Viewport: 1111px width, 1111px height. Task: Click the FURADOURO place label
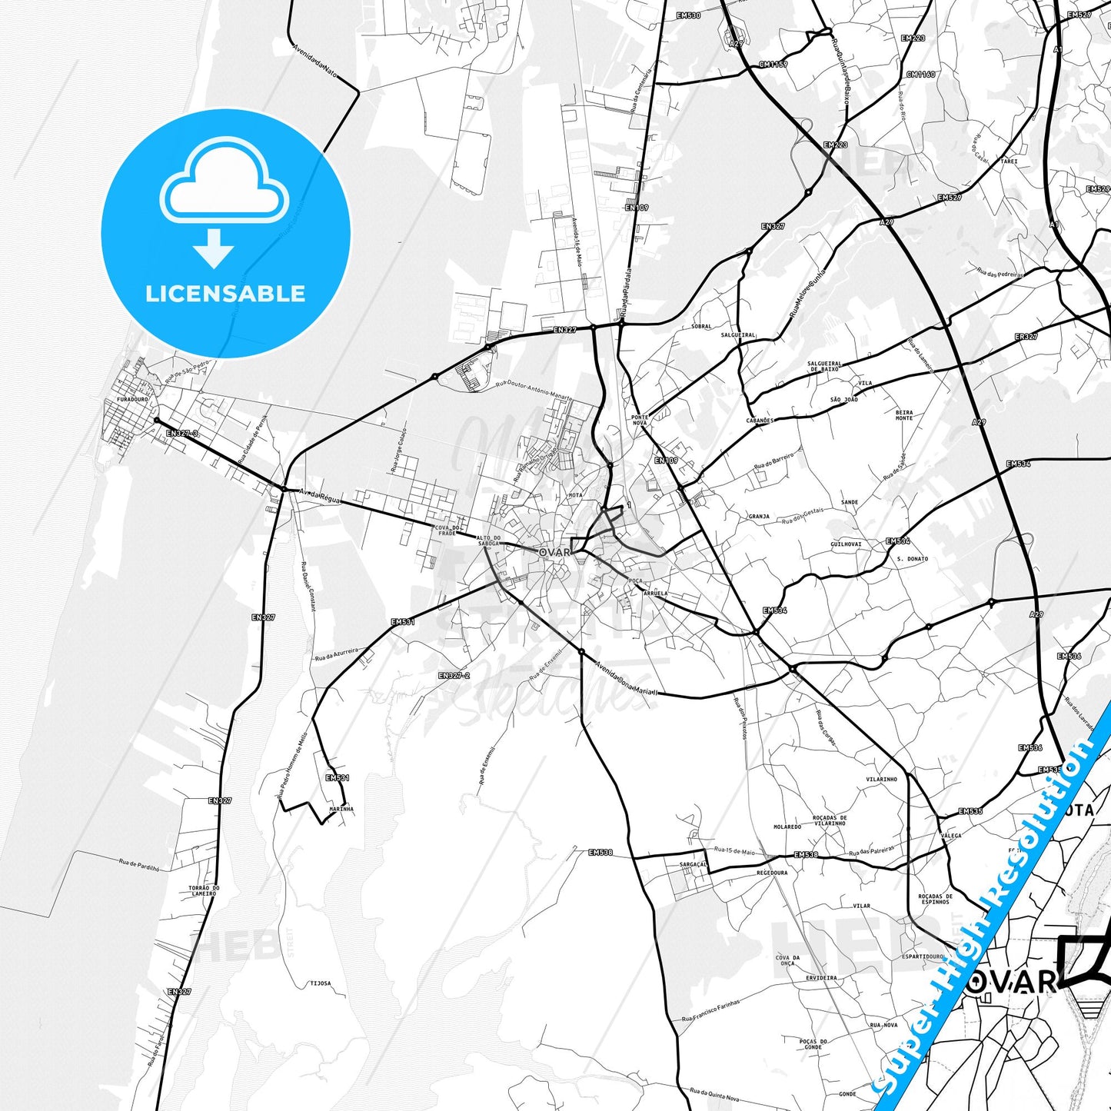[132, 400]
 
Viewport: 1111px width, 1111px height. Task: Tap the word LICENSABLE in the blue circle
[225, 294]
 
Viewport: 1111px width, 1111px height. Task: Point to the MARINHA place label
[341, 809]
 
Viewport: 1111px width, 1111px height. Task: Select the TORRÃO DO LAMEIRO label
[204, 890]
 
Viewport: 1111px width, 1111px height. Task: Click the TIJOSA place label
[320, 983]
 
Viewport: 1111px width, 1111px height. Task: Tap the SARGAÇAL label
[693, 864]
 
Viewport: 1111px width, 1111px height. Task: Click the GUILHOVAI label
[846, 544]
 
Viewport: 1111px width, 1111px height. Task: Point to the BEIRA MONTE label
[904, 415]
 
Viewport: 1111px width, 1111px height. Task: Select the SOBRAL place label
[701, 326]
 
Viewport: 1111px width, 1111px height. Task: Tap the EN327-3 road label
[182, 434]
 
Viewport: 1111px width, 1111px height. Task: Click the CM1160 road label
[920, 75]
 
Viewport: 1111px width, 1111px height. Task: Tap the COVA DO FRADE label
[446, 530]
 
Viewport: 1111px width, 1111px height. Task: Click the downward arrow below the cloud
[214, 248]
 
